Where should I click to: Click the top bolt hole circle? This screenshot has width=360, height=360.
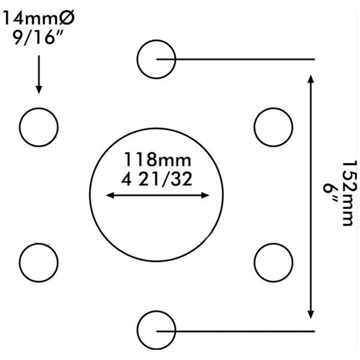click(156, 59)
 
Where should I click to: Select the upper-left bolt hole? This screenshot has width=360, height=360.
click(39, 127)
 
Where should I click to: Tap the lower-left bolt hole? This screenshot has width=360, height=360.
click(39, 262)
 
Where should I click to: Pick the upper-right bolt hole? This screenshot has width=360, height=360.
click(273, 127)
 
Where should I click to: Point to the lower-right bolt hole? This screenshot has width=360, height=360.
click(273, 262)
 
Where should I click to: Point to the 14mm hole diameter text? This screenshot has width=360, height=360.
click(31, 18)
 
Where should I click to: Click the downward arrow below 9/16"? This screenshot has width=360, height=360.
click(39, 74)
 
